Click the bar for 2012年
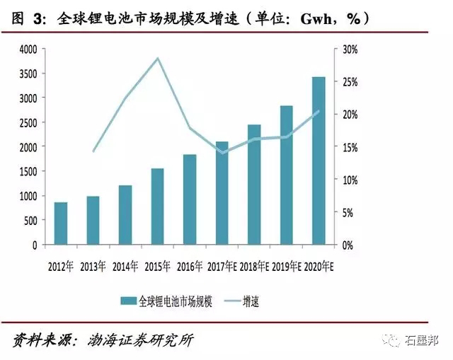[x=61, y=223]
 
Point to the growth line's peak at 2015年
[x=158, y=58]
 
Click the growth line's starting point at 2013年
[x=93, y=151]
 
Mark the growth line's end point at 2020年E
[x=319, y=111]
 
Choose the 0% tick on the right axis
[x=348, y=245]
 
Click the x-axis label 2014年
[x=125, y=267]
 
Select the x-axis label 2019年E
[x=286, y=267]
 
